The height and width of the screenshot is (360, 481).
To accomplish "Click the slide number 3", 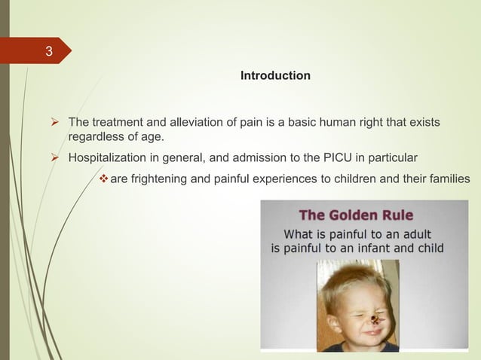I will tap(49, 53).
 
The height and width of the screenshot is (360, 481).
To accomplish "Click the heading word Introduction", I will tap(274, 76).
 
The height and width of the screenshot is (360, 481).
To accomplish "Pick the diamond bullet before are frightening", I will tap(103, 178).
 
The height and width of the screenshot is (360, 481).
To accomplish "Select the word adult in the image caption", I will tap(424, 232).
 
